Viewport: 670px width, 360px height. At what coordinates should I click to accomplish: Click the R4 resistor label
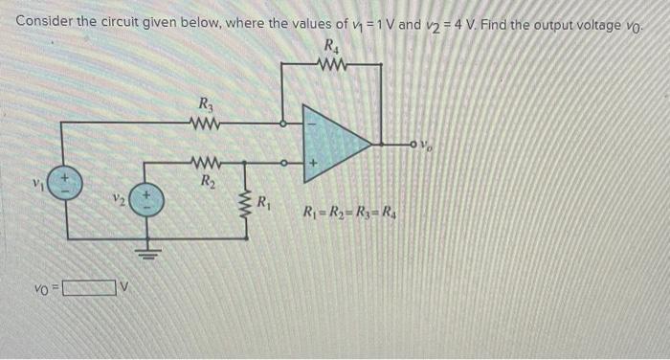coord(332,45)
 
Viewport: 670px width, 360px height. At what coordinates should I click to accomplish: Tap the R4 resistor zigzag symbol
coord(332,64)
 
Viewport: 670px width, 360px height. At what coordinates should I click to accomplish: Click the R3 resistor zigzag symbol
coord(205,123)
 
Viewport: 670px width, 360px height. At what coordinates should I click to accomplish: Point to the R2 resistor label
coord(205,181)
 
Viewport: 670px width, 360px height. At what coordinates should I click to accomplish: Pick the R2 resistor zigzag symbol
coord(205,162)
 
